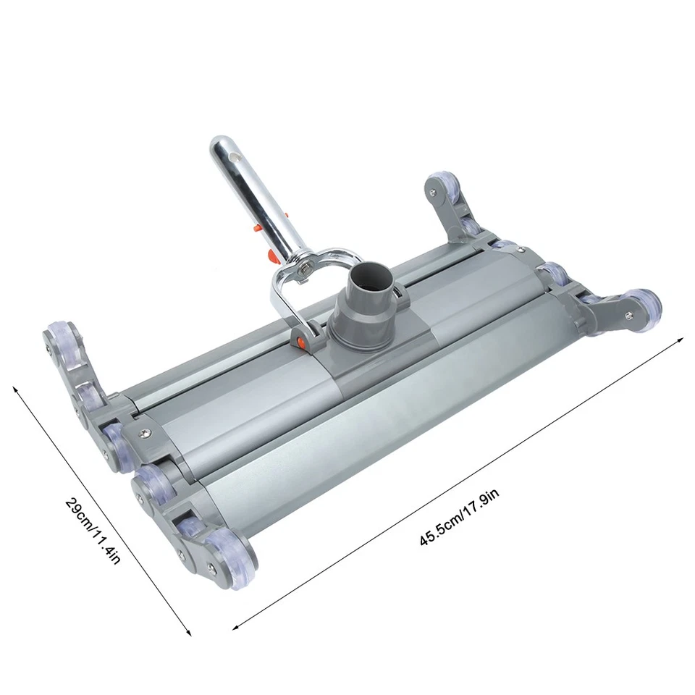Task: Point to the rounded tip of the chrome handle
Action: pos(220,141)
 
